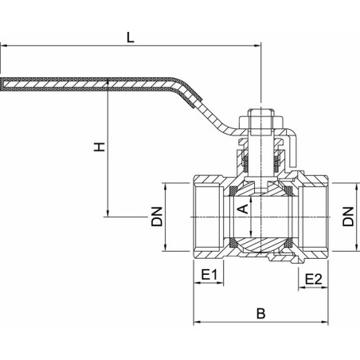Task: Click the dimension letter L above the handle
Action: pos(130,37)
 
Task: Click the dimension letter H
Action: pos(100,147)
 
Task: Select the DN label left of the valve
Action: pos(157,217)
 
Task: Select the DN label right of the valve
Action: pos(348,217)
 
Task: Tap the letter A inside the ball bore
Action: pos(243,209)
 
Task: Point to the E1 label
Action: pos(209,275)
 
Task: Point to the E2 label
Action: pos(314,280)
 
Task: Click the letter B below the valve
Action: pos(261,314)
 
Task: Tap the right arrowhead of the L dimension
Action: pos(257,45)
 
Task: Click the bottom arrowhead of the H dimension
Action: pos(108,213)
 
